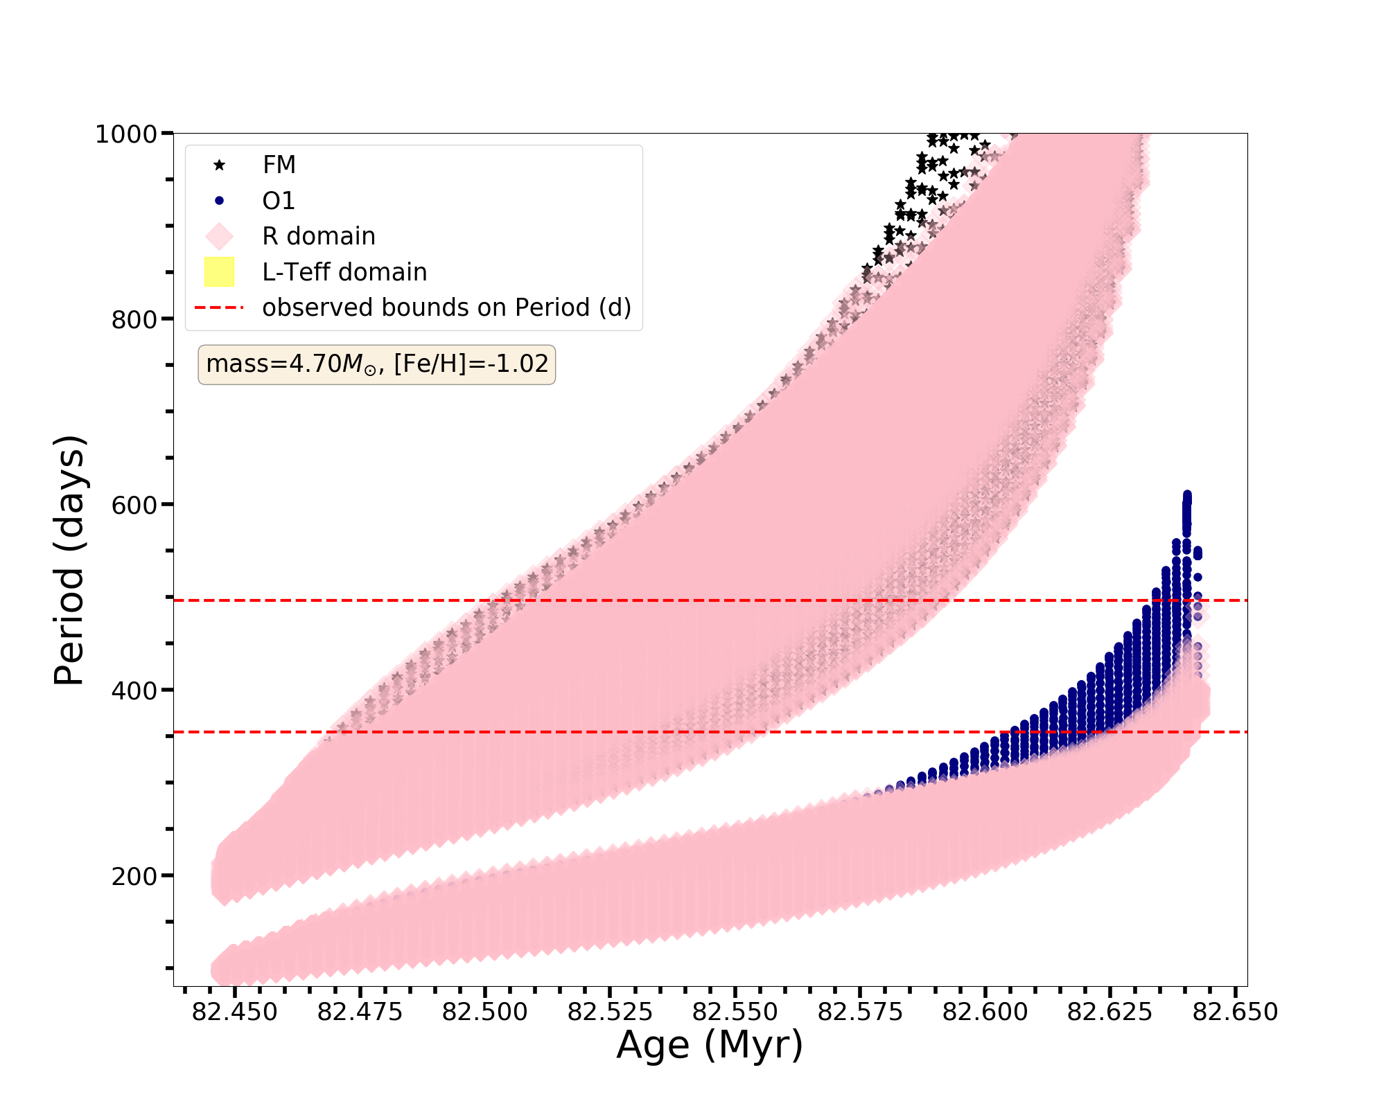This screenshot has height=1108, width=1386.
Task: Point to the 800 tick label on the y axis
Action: coord(133,319)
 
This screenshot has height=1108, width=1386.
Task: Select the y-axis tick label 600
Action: coord(133,505)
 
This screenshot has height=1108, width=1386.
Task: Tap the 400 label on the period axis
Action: coord(133,690)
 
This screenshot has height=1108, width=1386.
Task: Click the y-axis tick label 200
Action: coord(133,876)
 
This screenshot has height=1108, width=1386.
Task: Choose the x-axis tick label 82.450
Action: coord(234,1012)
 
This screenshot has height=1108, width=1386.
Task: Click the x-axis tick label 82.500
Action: coord(484,1012)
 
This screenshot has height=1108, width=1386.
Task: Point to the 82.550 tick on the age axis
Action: coord(735,1012)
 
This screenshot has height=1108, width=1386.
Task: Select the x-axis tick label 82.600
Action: coord(985,1012)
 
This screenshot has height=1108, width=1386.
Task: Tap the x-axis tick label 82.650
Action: coord(1235,1012)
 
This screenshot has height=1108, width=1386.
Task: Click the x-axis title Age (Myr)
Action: coord(710,1045)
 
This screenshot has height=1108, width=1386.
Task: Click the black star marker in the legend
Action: coord(219,165)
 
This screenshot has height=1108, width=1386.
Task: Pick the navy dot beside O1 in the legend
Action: coord(219,201)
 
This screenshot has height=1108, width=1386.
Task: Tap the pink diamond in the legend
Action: coord(219,236)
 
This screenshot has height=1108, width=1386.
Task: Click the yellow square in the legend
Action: coord(219,271)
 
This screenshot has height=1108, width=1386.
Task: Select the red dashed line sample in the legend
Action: coord(219,307)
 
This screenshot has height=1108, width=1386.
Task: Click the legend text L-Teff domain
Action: coord(344,272)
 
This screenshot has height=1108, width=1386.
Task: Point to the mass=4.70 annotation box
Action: coord(377,364)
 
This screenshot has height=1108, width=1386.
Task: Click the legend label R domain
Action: coord(319,237)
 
